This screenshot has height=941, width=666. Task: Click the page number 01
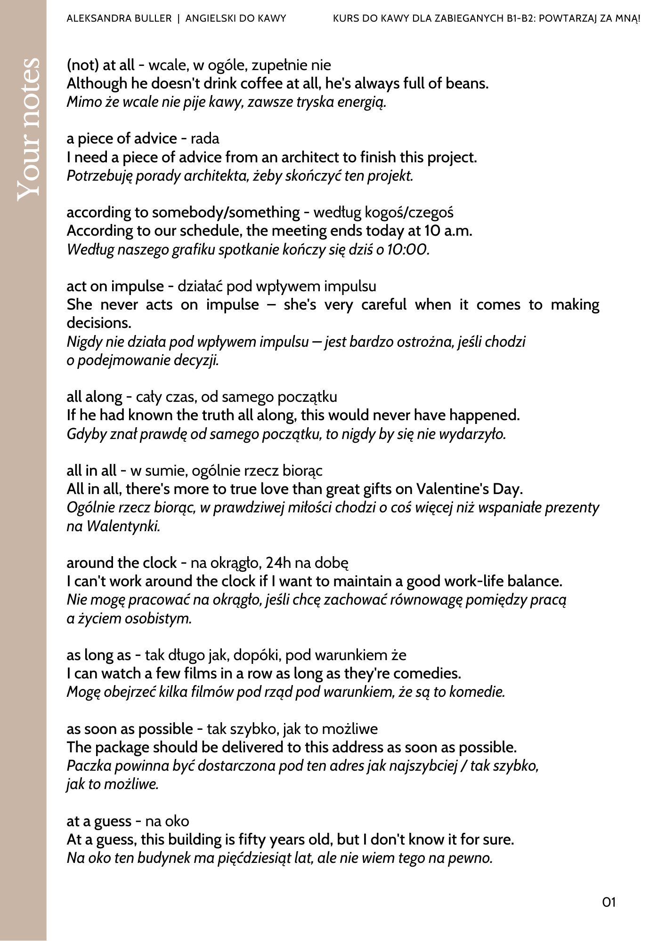[x=609, y=902]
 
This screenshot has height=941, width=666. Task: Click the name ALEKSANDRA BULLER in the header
[x=119, y=19]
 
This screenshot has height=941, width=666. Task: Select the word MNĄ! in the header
[x=627, y=19]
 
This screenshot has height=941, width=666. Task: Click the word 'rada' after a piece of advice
[x=205, y=139]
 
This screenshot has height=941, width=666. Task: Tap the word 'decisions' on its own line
[x=98, y=323]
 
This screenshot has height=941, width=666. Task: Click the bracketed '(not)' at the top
[x=81, y=65]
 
